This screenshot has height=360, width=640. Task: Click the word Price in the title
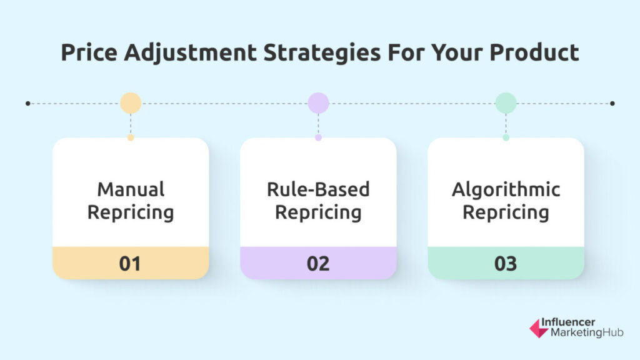(x=89, y=52)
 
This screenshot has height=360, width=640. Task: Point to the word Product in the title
(x=534, y=52)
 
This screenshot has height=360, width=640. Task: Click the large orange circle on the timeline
(x=131, y=103)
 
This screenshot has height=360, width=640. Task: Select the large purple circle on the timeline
(x=318, y=103)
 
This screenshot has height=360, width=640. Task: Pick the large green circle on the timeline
(x=506, y=103)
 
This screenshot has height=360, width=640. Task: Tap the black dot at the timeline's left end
(x=27, y=103)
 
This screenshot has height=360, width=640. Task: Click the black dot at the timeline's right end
(x=612, y=103)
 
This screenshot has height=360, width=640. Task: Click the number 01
(x=130, y=264)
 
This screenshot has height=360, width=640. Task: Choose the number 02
(x=318, y=264)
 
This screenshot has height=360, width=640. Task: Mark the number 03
(x=506, y=264)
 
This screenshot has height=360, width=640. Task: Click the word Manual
(x=131, y=189)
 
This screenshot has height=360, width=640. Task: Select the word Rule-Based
(x=318, y=189)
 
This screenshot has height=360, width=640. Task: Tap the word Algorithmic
(x=506, y=190)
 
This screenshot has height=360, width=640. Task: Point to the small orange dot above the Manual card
(x=131, y=137)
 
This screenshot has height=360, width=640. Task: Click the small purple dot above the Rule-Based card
(x=318, y=137)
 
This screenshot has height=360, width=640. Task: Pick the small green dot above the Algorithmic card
(x=506, y=137)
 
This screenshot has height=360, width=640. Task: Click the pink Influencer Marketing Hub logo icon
(x=539, y=328)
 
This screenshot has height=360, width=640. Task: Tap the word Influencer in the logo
(x=568, y=322)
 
